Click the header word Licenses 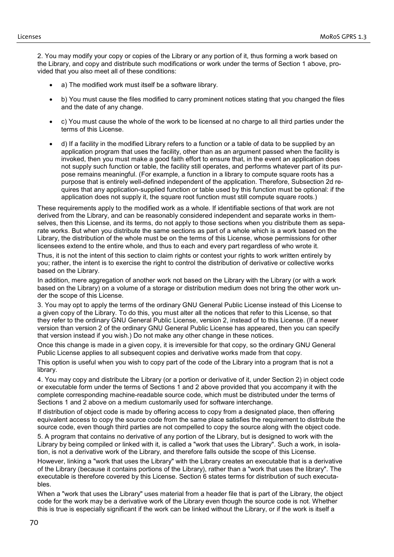(29, 37)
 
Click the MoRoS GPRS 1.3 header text (343, 37)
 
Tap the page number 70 (34, 522)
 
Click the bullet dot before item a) (51, 85)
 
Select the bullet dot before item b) (51, 100)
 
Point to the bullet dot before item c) (51, 122)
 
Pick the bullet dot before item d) (51, 144)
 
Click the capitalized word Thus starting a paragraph (45, 256)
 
